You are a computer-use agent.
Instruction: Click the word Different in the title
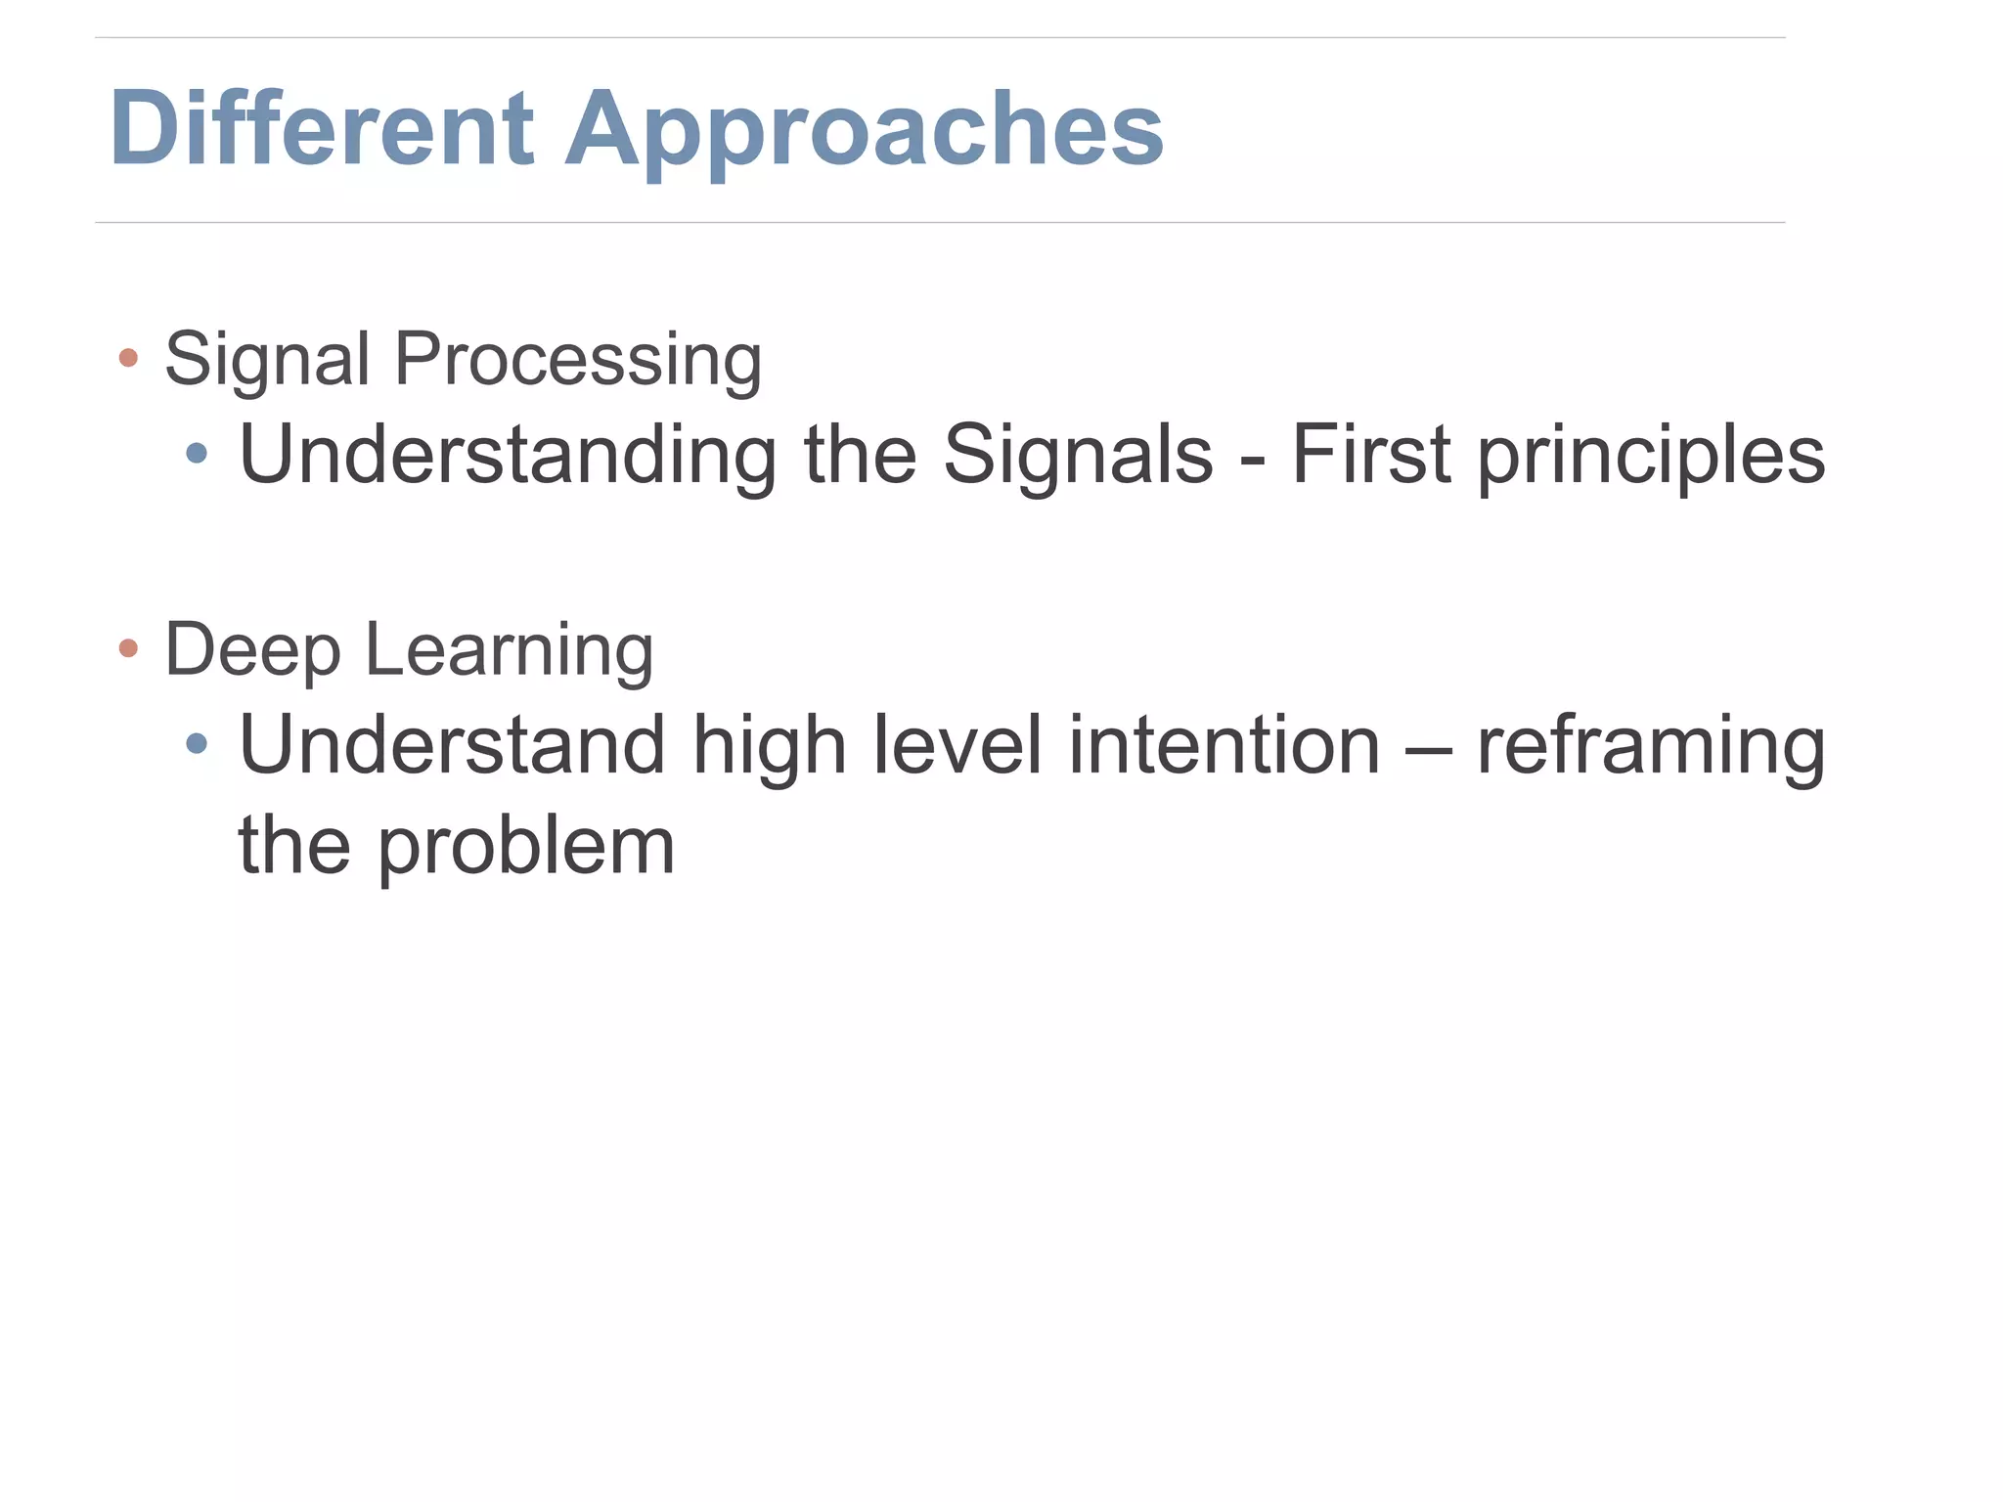click(x=322, y=128)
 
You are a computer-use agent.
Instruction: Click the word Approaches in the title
click(x=865, y=132)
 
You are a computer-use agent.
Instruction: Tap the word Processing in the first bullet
click(x=577, y=360)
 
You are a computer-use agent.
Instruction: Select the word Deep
click(x=252, y=651)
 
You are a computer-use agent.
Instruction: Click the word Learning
click(x=509, y=651)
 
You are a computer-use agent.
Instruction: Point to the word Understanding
click(x=508, y=455)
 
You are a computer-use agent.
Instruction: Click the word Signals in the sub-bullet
click(x=1078, y=454)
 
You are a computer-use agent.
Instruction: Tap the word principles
click(x=1651, y=456)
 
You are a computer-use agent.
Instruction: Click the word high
click(x=769, y=747)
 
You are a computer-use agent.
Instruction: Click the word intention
click(x=1224, y=745)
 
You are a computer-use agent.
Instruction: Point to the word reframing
click(x=1651, y=748)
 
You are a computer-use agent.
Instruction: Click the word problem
click(x=526, y=847)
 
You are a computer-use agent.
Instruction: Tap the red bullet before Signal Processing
click(x=128, y=358)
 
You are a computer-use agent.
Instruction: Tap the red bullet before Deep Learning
click(x=128, y=648)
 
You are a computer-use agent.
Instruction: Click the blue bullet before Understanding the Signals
click(x=197, y=453)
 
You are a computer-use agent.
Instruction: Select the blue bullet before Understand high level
click(x=197, y=744)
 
